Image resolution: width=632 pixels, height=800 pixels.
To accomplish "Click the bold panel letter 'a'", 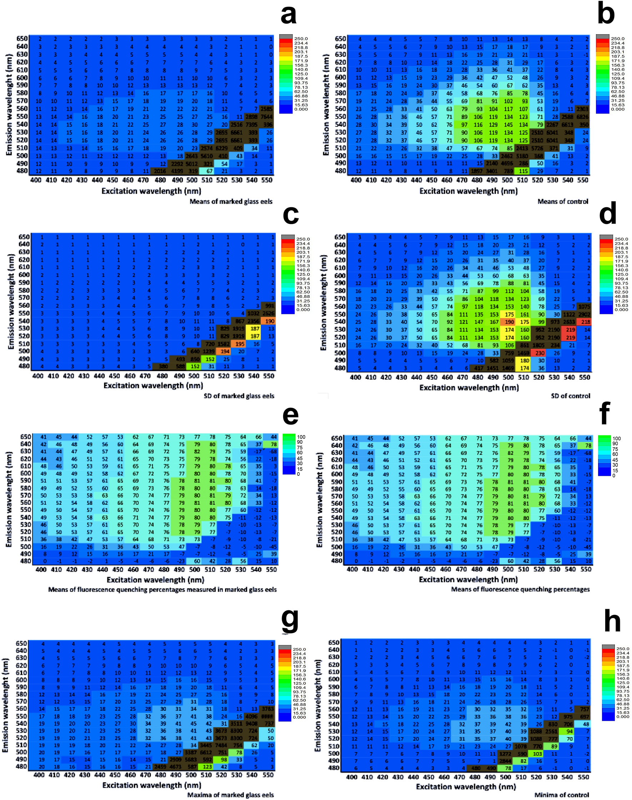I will [x=288, y=16].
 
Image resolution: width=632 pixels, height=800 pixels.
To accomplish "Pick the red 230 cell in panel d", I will [x=540, y=353].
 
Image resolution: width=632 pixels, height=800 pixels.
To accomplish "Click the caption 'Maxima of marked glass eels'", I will [x=230, y=794].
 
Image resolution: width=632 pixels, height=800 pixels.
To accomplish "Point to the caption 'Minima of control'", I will [x=561, y=794].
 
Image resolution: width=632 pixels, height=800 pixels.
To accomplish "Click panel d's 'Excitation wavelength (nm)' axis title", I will [x=469, y=387].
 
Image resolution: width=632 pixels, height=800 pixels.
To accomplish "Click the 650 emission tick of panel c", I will [x=24, y=237].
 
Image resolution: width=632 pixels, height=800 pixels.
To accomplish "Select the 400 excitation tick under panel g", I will [x=39, y=775].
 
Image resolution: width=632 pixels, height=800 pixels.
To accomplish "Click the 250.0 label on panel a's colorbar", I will [x=301, y=39].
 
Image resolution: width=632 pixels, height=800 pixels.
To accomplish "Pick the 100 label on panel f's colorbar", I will [x=616, y=438].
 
